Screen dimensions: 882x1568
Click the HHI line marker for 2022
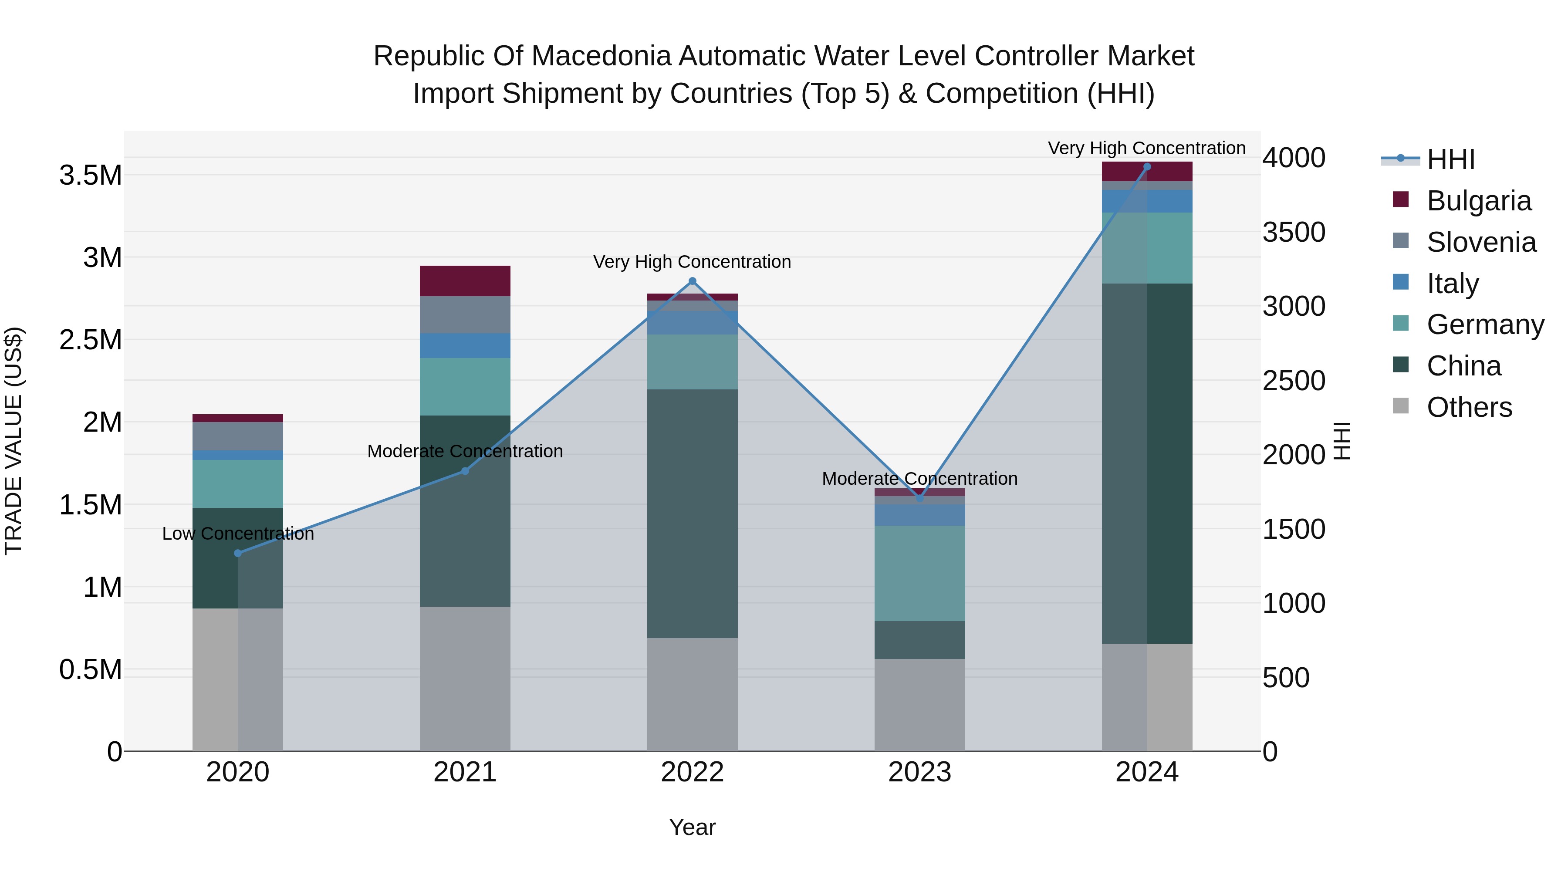click(692, 281)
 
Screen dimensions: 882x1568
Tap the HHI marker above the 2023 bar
click(920, 498)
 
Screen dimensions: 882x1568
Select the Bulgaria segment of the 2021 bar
click(465, 281)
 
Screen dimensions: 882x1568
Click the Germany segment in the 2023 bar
click(920, 573)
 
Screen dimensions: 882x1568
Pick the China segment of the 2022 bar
click(692, 513)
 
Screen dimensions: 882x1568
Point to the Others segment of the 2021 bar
click(465, 678)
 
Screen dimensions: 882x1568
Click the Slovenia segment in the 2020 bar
click(238, 436)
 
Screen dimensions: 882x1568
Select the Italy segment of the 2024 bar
click(1147, 201)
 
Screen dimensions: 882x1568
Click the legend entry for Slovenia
click(1480, 242)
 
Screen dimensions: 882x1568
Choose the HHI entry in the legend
click(1450, 159)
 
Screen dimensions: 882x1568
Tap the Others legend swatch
click(1401, 406)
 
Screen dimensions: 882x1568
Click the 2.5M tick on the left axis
click(91, 340)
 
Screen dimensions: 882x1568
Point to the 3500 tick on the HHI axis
click(1294, 232)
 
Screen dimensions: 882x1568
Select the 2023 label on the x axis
click(920, 772)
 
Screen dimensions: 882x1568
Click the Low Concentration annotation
click(238, 534)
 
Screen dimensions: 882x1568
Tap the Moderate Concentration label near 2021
click(465, 451)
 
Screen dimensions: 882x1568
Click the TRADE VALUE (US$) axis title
click(14, 441)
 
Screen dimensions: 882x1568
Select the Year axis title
click(692, 827)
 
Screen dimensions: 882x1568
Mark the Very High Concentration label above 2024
click(1147, 148)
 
